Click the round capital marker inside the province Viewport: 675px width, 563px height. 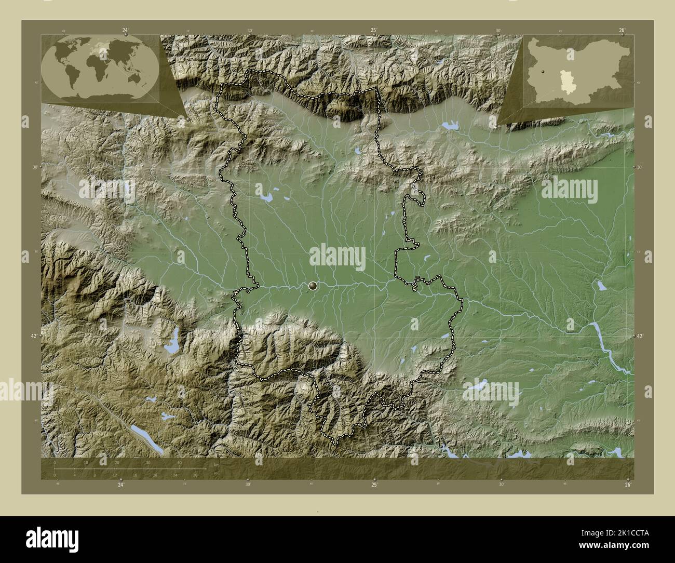pyautogui.click(x=313, y=285)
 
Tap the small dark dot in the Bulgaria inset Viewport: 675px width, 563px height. pyautogui.click(x=542, y=72)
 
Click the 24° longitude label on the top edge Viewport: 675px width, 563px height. pyautogui.click(x=126, y=30)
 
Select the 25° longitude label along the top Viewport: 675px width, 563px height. pyautogui.click(x=373, y=30)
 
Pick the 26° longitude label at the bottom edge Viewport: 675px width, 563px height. pyautogui.click(x=627, y=485)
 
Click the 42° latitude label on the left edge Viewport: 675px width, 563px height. pyautogui.click(x=34, y=336)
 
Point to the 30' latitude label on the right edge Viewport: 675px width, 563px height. pyautogui.click(x=641, y=167)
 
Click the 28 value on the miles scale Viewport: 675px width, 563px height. pyautogui.click(x=195, y=475)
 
